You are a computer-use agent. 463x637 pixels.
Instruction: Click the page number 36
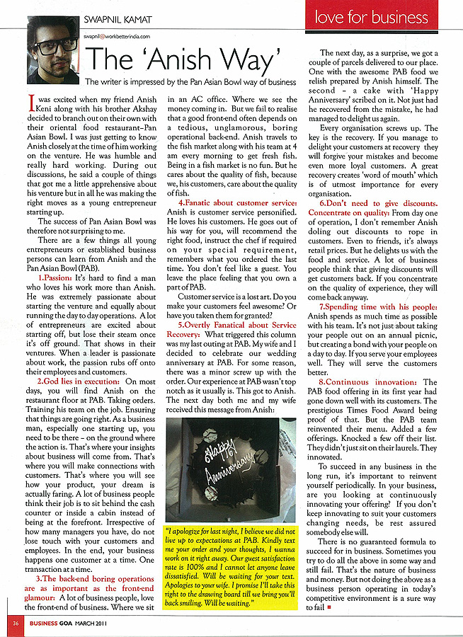(x=15, y=624)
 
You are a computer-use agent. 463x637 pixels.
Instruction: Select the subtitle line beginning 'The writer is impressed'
(x=190, y=82)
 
